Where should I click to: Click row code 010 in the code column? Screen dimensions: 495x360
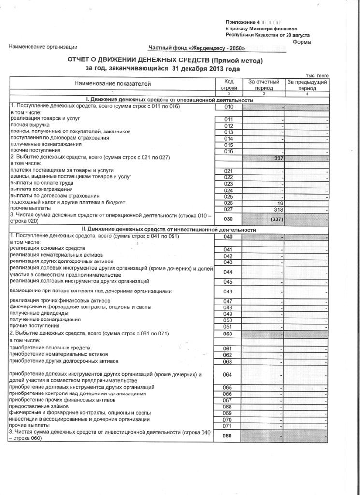click(229, 107)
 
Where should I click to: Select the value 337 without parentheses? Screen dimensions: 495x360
click(277, 158)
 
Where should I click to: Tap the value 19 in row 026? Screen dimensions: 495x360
click(279, 203)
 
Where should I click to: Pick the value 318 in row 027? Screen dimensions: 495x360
click(277, 209)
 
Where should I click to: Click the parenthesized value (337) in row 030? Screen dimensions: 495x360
click(275, 218)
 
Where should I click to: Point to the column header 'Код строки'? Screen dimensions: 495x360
click(229, 86)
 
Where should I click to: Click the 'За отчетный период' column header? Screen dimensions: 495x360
click(264, 86)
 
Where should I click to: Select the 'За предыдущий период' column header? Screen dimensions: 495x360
click(307, 86)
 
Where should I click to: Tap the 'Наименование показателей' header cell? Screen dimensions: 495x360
click(113, 84)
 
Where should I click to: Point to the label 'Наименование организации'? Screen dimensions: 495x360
click(43, 47)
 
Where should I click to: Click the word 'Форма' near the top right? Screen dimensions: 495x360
click(302, 42)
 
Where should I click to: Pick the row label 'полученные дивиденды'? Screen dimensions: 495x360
click(36, 313)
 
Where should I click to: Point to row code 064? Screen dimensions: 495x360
click(229, 375)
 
